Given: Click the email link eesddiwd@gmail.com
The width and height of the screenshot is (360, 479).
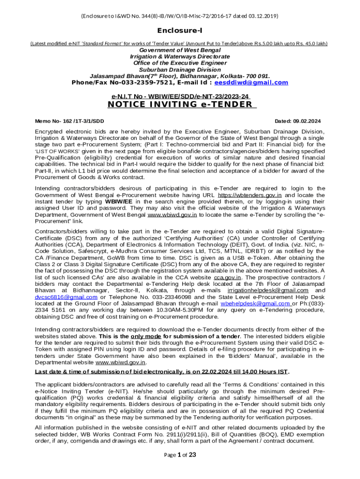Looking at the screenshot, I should (251, 83).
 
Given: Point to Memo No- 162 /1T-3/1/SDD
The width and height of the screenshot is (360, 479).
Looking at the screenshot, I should (70, 121).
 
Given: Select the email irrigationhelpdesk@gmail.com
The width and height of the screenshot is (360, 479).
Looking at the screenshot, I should (272, 290).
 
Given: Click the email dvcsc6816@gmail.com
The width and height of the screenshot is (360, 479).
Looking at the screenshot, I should (66, 297).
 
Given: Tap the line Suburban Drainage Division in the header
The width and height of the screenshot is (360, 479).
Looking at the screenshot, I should (180, 70).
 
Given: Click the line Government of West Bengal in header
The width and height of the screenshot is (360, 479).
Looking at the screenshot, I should (180, 50).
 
